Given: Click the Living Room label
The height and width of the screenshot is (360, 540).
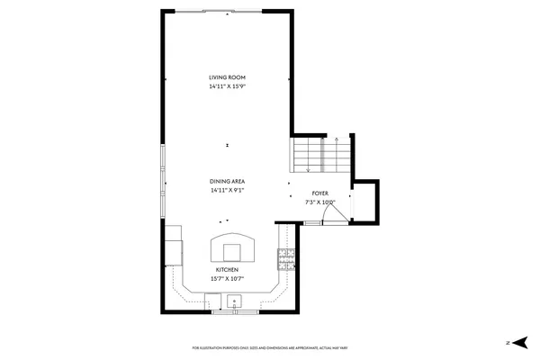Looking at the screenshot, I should tap(227, 78).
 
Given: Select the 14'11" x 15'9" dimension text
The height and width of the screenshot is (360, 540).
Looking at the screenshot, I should tap(227, 87).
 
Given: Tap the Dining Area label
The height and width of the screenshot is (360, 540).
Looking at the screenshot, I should tap(227, 182).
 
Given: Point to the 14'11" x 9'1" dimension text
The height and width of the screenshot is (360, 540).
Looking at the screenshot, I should tap(227, 191).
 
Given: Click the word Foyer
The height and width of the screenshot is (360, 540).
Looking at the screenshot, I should tap(319, 193).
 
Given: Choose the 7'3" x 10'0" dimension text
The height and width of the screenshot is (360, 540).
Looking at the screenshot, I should tap(319, 202).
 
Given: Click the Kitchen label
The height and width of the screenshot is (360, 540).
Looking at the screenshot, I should tap(227, 270).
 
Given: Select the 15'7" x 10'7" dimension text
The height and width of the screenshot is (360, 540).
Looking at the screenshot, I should tap(227, 279).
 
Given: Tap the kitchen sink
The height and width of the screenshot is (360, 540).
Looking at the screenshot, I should tap(235, 303).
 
